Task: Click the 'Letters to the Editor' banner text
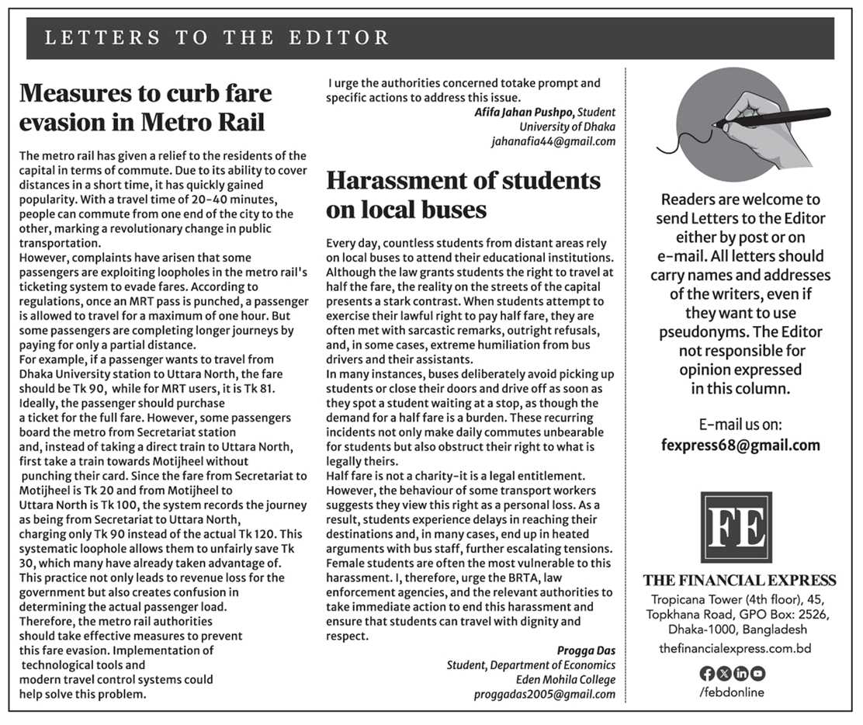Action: pos(217,38)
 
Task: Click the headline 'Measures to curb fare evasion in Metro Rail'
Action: pos(146,108)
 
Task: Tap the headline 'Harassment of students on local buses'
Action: pos(463,195)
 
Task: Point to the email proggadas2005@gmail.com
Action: pos(545,694)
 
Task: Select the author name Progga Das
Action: pos(586,650)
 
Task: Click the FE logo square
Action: pos(736,527)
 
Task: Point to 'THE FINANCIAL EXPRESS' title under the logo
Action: pos(739,581)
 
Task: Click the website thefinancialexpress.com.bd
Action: pos(735,647)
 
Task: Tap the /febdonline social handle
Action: pos(731,692)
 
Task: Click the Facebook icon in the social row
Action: pos(706,673)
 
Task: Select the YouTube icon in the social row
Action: pos(757,673)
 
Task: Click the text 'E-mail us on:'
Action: pos(740,425)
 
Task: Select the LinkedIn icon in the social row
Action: pos(740,673)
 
